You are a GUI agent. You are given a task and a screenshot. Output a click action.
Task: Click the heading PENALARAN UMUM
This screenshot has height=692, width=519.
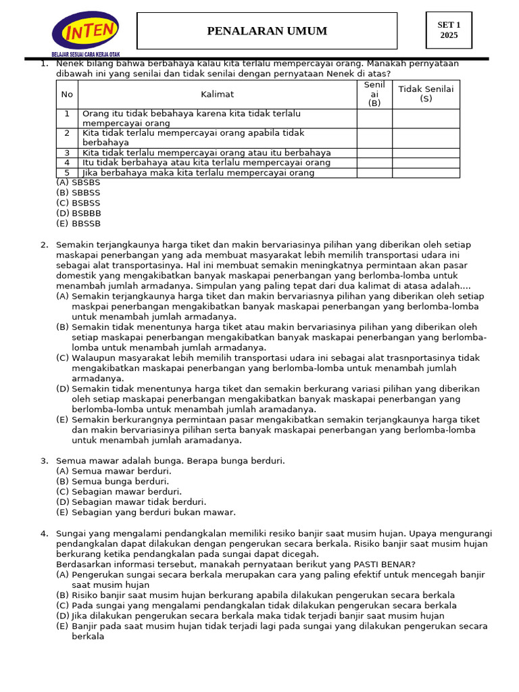click(x=267, y=31)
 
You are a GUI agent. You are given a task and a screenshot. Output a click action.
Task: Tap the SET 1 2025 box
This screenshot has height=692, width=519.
click(x=449, y=30)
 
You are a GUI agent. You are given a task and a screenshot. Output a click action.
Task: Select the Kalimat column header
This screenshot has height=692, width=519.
click(x=217, y=95)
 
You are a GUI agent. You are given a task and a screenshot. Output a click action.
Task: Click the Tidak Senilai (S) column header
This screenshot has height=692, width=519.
click(x=426, y=94)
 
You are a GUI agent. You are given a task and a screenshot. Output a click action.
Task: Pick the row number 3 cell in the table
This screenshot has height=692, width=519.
click(x=67, y=153)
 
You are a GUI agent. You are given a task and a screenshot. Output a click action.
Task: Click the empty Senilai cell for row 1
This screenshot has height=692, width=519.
click(x=374, y=118)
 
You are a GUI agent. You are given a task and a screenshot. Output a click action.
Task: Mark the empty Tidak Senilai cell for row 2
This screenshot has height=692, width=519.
click(x=426, y=138)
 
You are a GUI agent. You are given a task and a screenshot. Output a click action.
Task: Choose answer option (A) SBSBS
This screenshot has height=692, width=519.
click(x=78, y=182)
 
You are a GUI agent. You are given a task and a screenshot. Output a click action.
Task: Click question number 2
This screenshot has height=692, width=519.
click(x=44, y=245)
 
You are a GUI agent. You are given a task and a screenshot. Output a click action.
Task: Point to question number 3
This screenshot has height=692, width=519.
click(x=44, y=461)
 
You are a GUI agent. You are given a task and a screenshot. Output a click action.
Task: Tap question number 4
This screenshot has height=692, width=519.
click(x=44, y=534)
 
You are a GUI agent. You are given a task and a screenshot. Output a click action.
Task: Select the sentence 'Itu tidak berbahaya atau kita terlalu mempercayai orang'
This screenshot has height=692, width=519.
click(x=206, y=163)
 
